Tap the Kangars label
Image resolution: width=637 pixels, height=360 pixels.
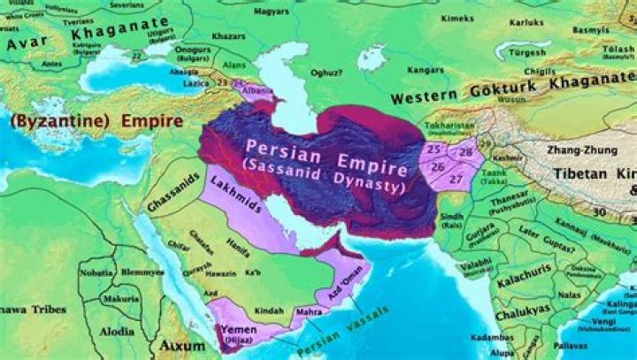click(403, 69)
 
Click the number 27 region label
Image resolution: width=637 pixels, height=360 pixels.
click(457, 180)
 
